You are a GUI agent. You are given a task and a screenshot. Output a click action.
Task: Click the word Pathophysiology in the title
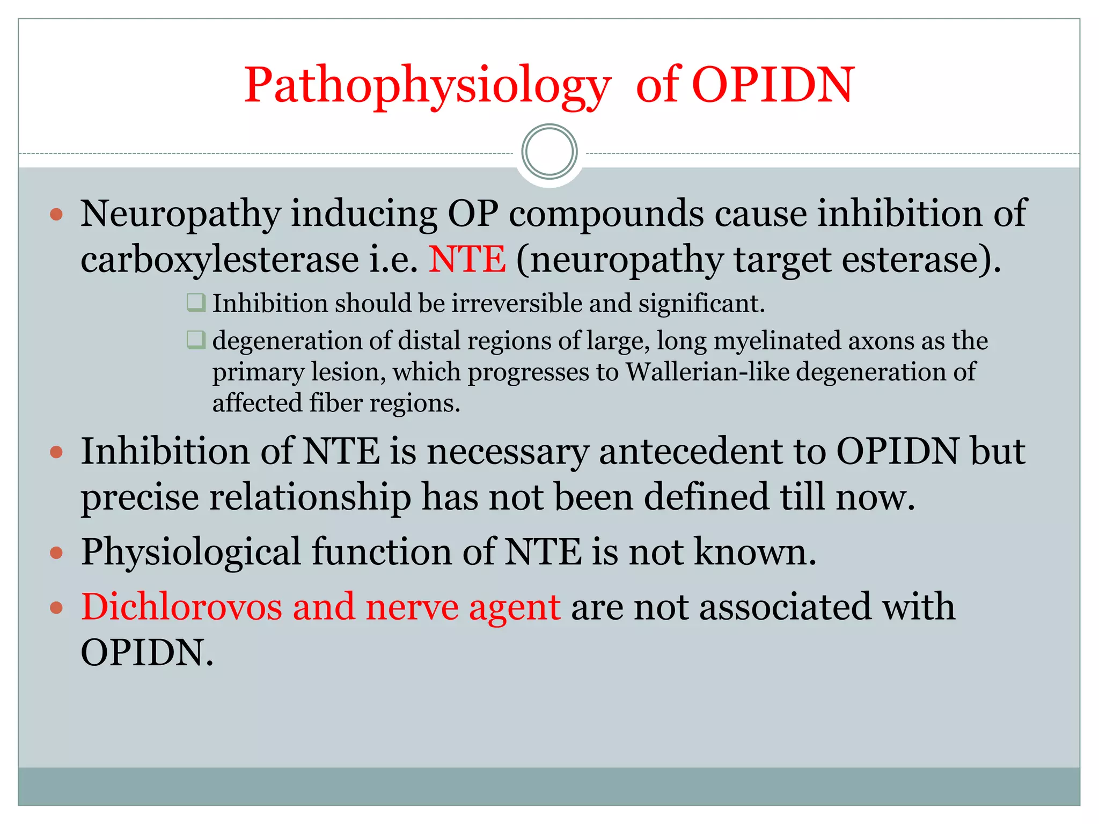click(427, 86)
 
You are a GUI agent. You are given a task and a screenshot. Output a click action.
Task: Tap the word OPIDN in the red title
click(772, 86)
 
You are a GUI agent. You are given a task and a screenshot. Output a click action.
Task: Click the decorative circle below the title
click(549, 152)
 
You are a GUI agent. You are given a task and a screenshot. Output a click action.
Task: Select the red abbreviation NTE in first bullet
click(467, 260)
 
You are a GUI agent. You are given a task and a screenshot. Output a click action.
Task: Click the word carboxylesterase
click(219, 260)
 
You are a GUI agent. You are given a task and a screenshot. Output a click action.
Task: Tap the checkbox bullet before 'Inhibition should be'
click(195, 303)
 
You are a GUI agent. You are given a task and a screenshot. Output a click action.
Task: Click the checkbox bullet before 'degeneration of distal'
click(195, 340)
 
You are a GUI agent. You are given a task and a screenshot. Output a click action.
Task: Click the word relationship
click(310, 497)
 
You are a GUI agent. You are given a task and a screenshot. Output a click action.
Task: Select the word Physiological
click(191, 553)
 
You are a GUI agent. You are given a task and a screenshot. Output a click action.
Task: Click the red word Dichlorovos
click(181, 607)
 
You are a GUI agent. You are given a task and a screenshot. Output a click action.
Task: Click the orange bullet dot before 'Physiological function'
click(56, 553)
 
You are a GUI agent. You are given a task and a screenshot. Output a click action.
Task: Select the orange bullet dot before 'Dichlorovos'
click(56, 608)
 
